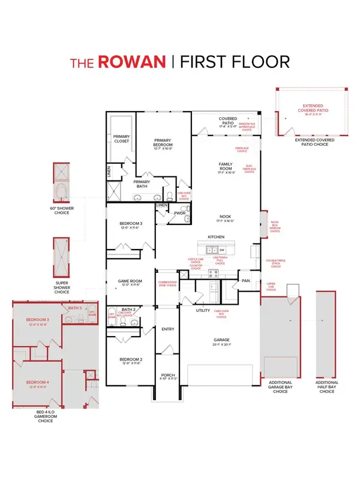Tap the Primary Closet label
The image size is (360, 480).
click(x=122, y=139)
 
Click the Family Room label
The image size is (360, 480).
click(x=227, y=167)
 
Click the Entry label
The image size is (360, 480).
click(x=167, y=329)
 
